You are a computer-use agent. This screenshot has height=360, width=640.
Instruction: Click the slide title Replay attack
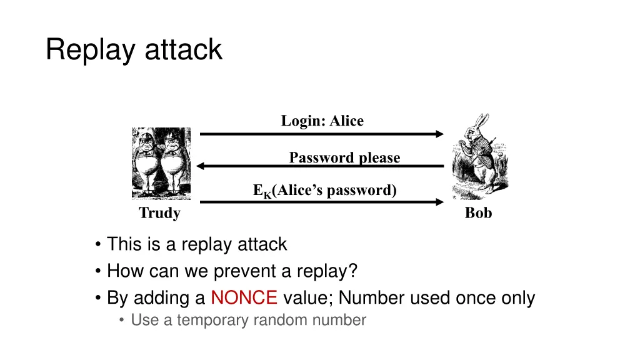[x=134, y=49]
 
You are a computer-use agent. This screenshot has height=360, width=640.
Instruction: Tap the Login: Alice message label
[x=322, y=121]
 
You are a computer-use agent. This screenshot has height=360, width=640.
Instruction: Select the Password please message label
[x=344, y=157]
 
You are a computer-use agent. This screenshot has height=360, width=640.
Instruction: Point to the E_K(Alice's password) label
[x=324, y=191]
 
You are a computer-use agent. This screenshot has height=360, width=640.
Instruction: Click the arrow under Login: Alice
[x=321, y=134]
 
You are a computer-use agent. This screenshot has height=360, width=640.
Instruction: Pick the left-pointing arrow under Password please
[x=320, y=166]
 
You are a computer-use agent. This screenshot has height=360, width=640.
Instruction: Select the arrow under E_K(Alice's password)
[x=321, y=202]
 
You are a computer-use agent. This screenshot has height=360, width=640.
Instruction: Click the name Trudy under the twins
[x=159, y=213]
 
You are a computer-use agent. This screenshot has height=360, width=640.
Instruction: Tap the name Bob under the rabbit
[x=478, y=213]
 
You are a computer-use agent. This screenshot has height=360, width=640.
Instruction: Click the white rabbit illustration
[x=478, y=156]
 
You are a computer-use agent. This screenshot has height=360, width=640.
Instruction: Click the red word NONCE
[x=244, y=297]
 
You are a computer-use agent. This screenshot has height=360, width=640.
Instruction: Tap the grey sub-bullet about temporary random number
[x=248, y=320]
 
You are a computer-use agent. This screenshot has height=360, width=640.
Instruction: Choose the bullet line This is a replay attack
[x=196, y=244]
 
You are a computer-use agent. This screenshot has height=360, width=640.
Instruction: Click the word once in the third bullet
[x=476, y=297]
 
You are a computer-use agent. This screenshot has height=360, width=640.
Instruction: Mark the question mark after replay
[x=353, y=271]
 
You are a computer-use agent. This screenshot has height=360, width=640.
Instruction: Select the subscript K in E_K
[x=267, y=194]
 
